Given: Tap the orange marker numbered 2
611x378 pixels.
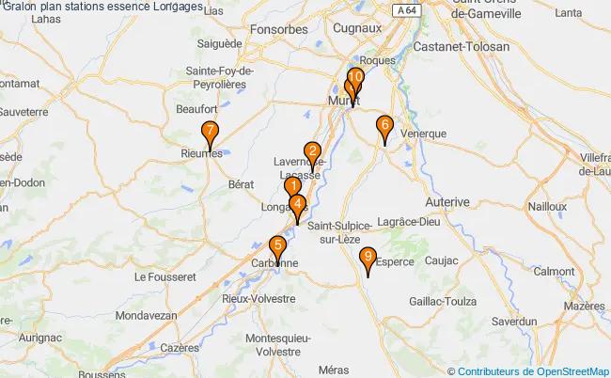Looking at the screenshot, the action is tap(312, 151).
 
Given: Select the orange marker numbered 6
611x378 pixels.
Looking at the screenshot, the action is tap(384, 125).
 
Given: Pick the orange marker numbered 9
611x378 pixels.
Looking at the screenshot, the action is tap(368, 257).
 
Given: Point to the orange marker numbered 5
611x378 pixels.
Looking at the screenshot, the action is tap(277, 247).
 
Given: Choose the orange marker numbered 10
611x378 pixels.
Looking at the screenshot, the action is tap(356, 77).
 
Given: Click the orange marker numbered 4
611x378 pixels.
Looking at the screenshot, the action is tap(297, 204).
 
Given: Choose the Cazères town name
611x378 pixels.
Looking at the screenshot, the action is tap(180, 347).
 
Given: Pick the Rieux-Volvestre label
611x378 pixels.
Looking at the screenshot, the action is tap(258, 298).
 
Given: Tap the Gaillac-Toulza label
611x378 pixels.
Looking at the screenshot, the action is tap(439, 301).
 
